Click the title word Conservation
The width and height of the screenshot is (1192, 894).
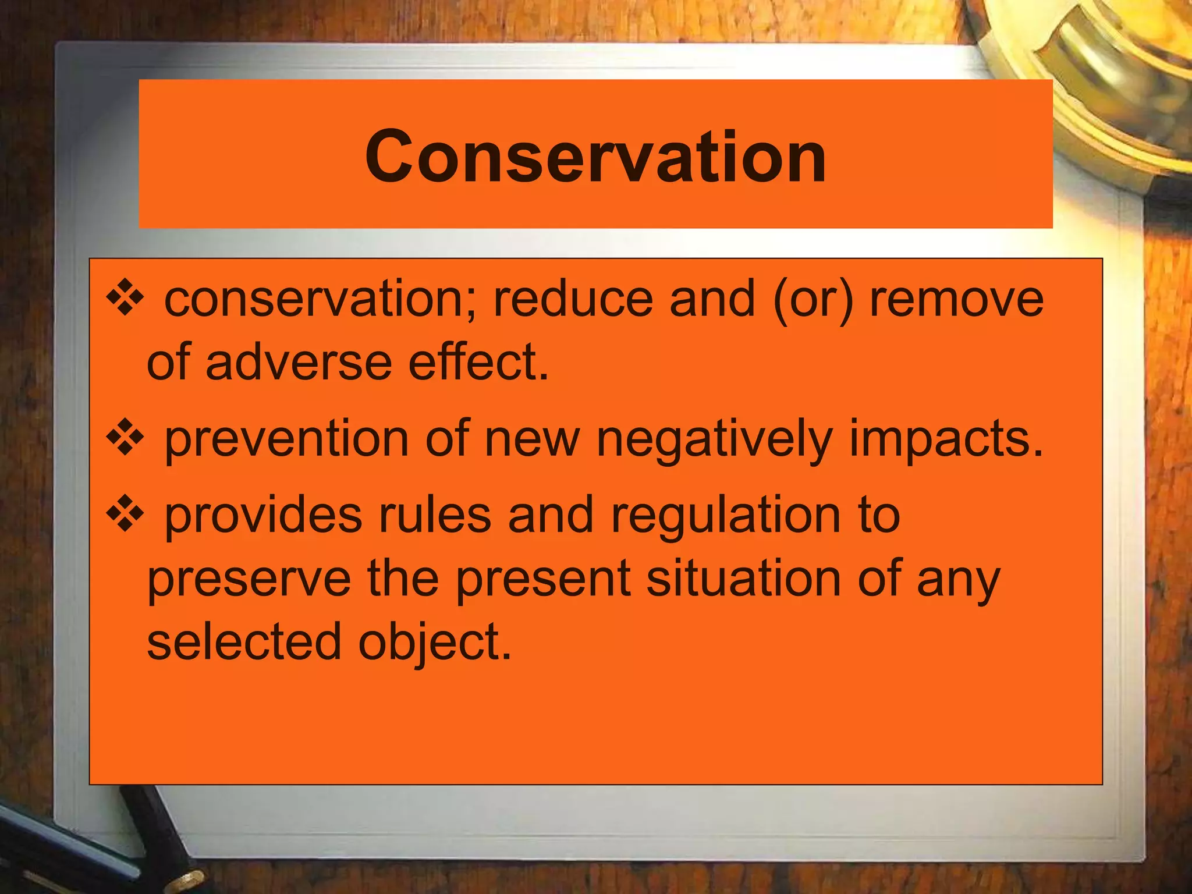click(595, 156)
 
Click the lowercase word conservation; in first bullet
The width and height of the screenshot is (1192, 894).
click(320, 299)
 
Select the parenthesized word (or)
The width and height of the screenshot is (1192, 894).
click(813, 299)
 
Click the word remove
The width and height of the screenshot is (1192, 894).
click(956, 299)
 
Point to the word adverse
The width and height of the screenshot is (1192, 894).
click(299, 363)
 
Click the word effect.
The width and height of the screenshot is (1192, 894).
click(478, 363)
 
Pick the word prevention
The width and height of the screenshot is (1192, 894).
click(286, 439)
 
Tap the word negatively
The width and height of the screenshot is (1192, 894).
click(714, 439)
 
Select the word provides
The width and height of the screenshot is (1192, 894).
click(264, 516)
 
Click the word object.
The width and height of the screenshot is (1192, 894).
click(434, 644)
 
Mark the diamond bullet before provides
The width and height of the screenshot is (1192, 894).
click(125, 515)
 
